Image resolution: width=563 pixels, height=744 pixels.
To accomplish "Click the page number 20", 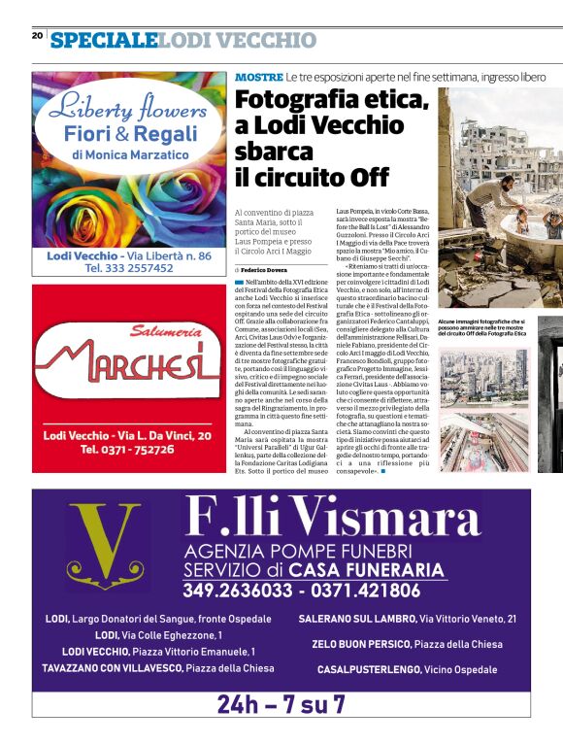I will point(37,36).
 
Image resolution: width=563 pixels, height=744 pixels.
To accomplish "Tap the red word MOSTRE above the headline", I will point(258,76).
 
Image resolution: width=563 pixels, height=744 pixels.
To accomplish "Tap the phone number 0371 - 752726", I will point(128,451).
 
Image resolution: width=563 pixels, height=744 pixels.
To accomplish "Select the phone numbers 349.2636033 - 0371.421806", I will point(302,590).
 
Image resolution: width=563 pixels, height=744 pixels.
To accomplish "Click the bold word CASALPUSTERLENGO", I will point(369,669).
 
